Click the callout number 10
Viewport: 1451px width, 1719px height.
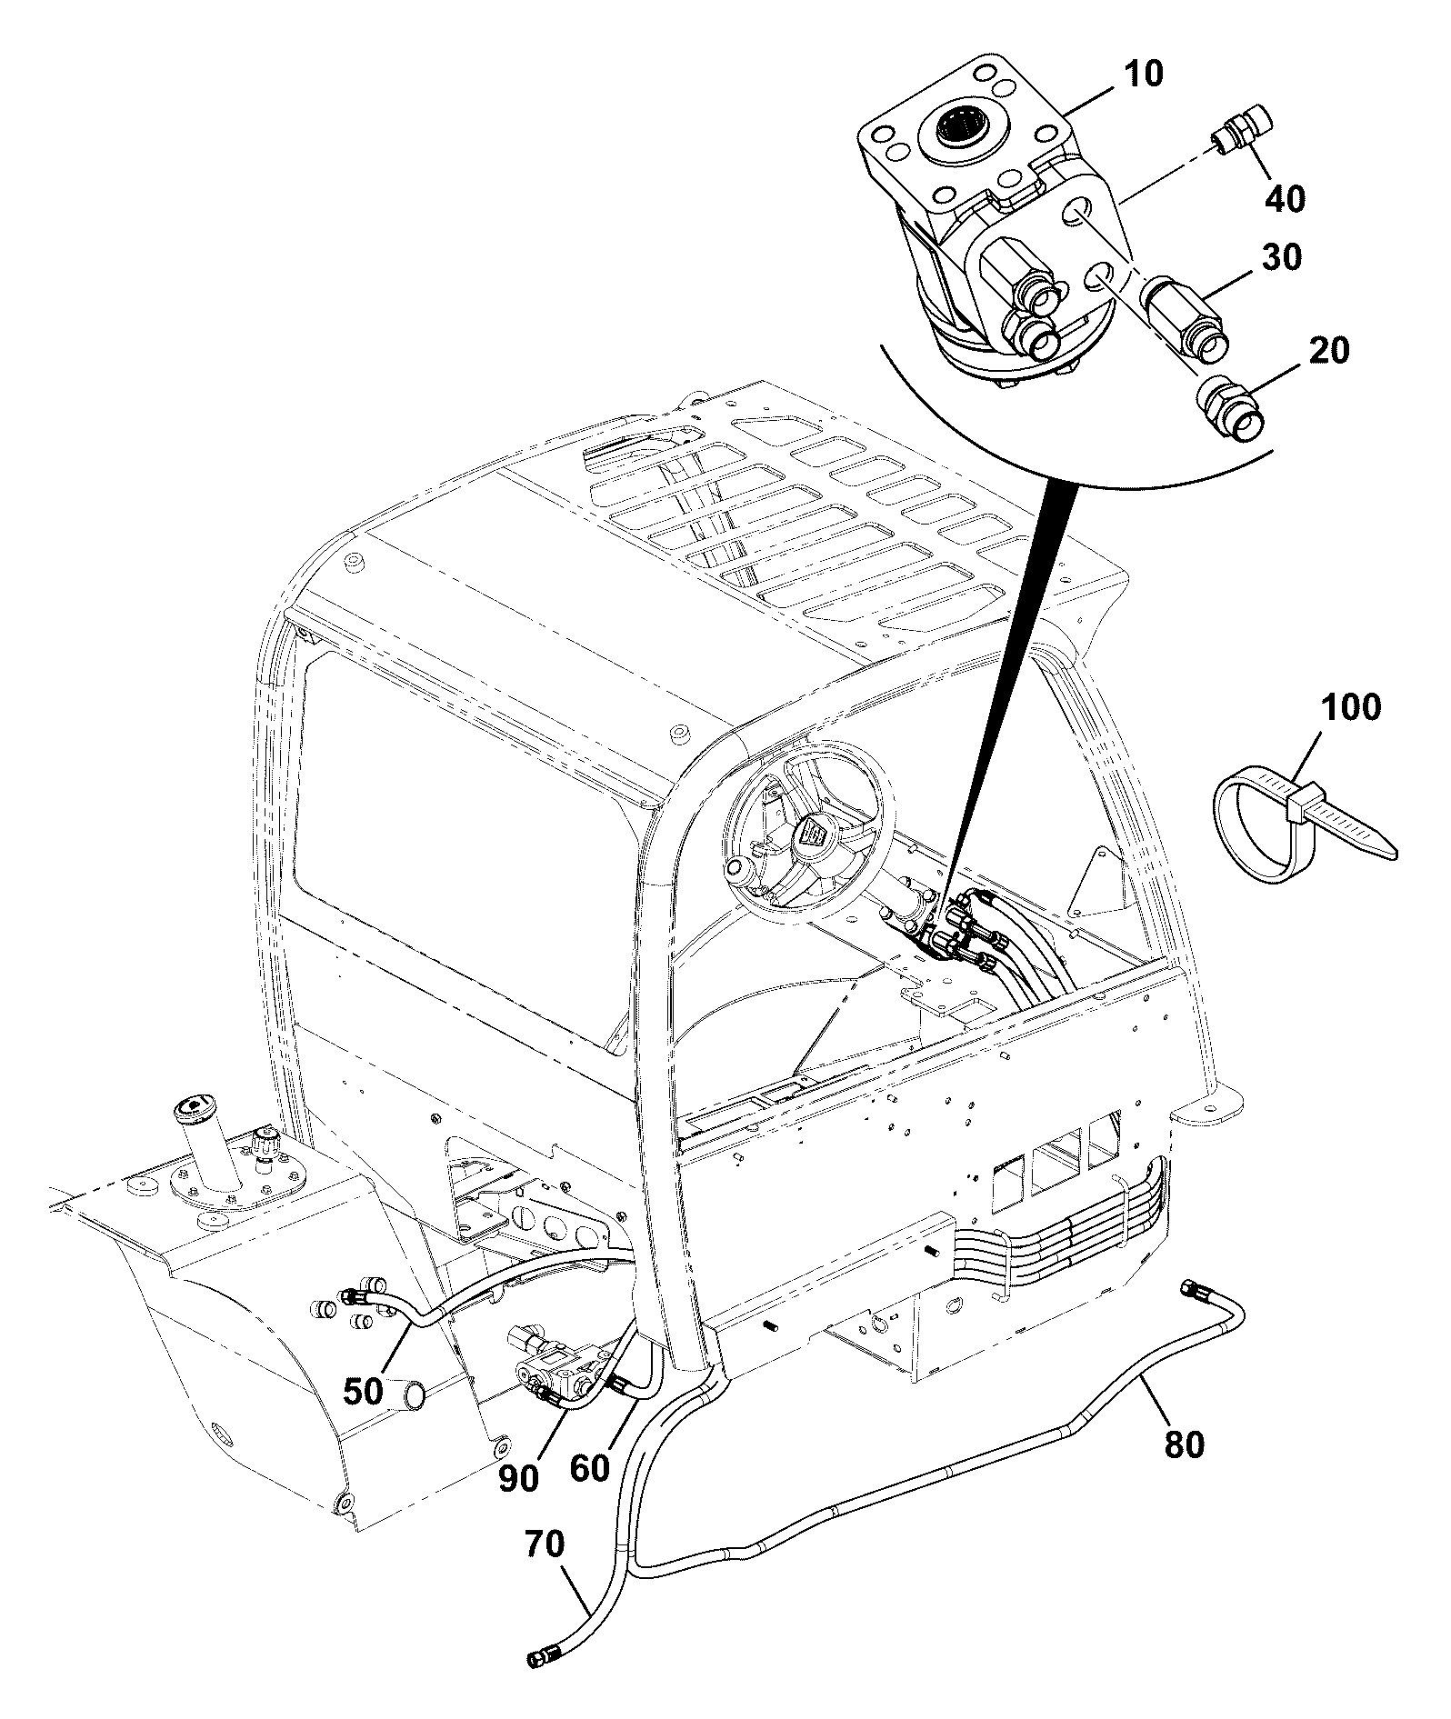point(1144,75)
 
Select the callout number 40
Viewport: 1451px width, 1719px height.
point(1285,197)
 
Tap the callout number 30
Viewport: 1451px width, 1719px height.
point(1280,257)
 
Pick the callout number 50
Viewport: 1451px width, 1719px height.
point(364,1391)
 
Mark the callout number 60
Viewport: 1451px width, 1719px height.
point(590,1467)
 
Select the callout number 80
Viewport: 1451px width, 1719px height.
point(1184,1444)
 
